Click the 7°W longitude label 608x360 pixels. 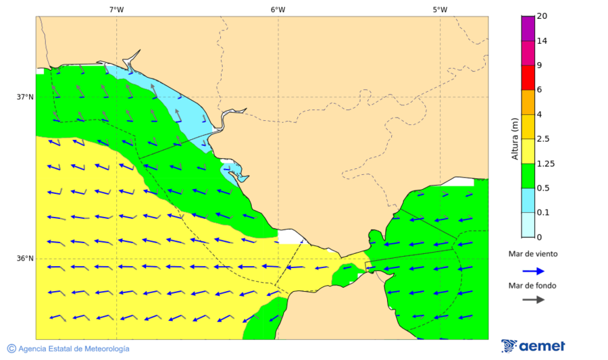tap(116, 9)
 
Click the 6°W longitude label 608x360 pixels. tap(278, 9)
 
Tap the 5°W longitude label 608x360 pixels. tap(440, 9)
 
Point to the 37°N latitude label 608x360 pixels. tap(25, 97)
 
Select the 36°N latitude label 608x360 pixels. tap(25, 258)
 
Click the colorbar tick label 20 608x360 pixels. tap(542, 16)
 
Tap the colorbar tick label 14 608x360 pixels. tap(542, 41)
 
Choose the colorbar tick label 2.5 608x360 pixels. tap(544, 138)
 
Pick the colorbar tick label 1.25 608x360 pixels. tap(546, 163)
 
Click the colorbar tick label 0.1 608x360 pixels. tap(543, 212)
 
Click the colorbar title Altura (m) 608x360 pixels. tap(515, 138)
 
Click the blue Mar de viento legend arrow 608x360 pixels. tap(533, 271)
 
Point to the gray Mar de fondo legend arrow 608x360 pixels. tap(533, 299)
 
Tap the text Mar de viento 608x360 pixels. tap(533, 254)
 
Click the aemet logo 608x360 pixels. tap(533, 346)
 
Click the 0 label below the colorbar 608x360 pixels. tap(538, 237)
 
